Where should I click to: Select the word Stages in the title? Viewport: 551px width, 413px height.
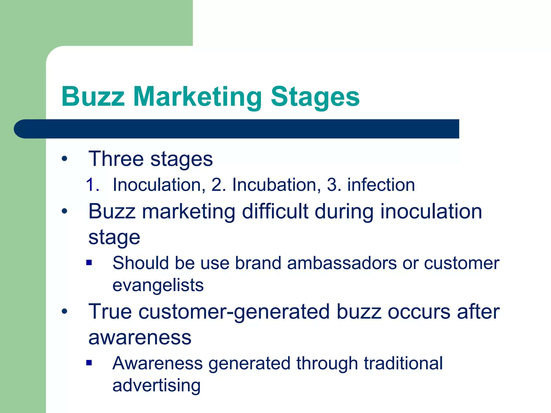coord(315,97)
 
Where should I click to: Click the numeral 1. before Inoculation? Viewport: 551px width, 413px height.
coord(93,185)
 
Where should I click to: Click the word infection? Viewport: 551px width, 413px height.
coord(381,185)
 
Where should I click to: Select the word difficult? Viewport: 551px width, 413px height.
coord(275,211)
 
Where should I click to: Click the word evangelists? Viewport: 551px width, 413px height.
coord(158,285)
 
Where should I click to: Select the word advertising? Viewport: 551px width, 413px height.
coord(156,385)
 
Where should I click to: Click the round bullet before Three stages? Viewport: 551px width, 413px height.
coord(64,159)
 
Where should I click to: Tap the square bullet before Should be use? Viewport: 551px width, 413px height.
coord(89,262)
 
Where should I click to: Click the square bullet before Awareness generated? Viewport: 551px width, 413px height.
coord(89,363)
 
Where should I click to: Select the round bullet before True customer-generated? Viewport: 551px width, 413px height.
coord(64,312)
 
